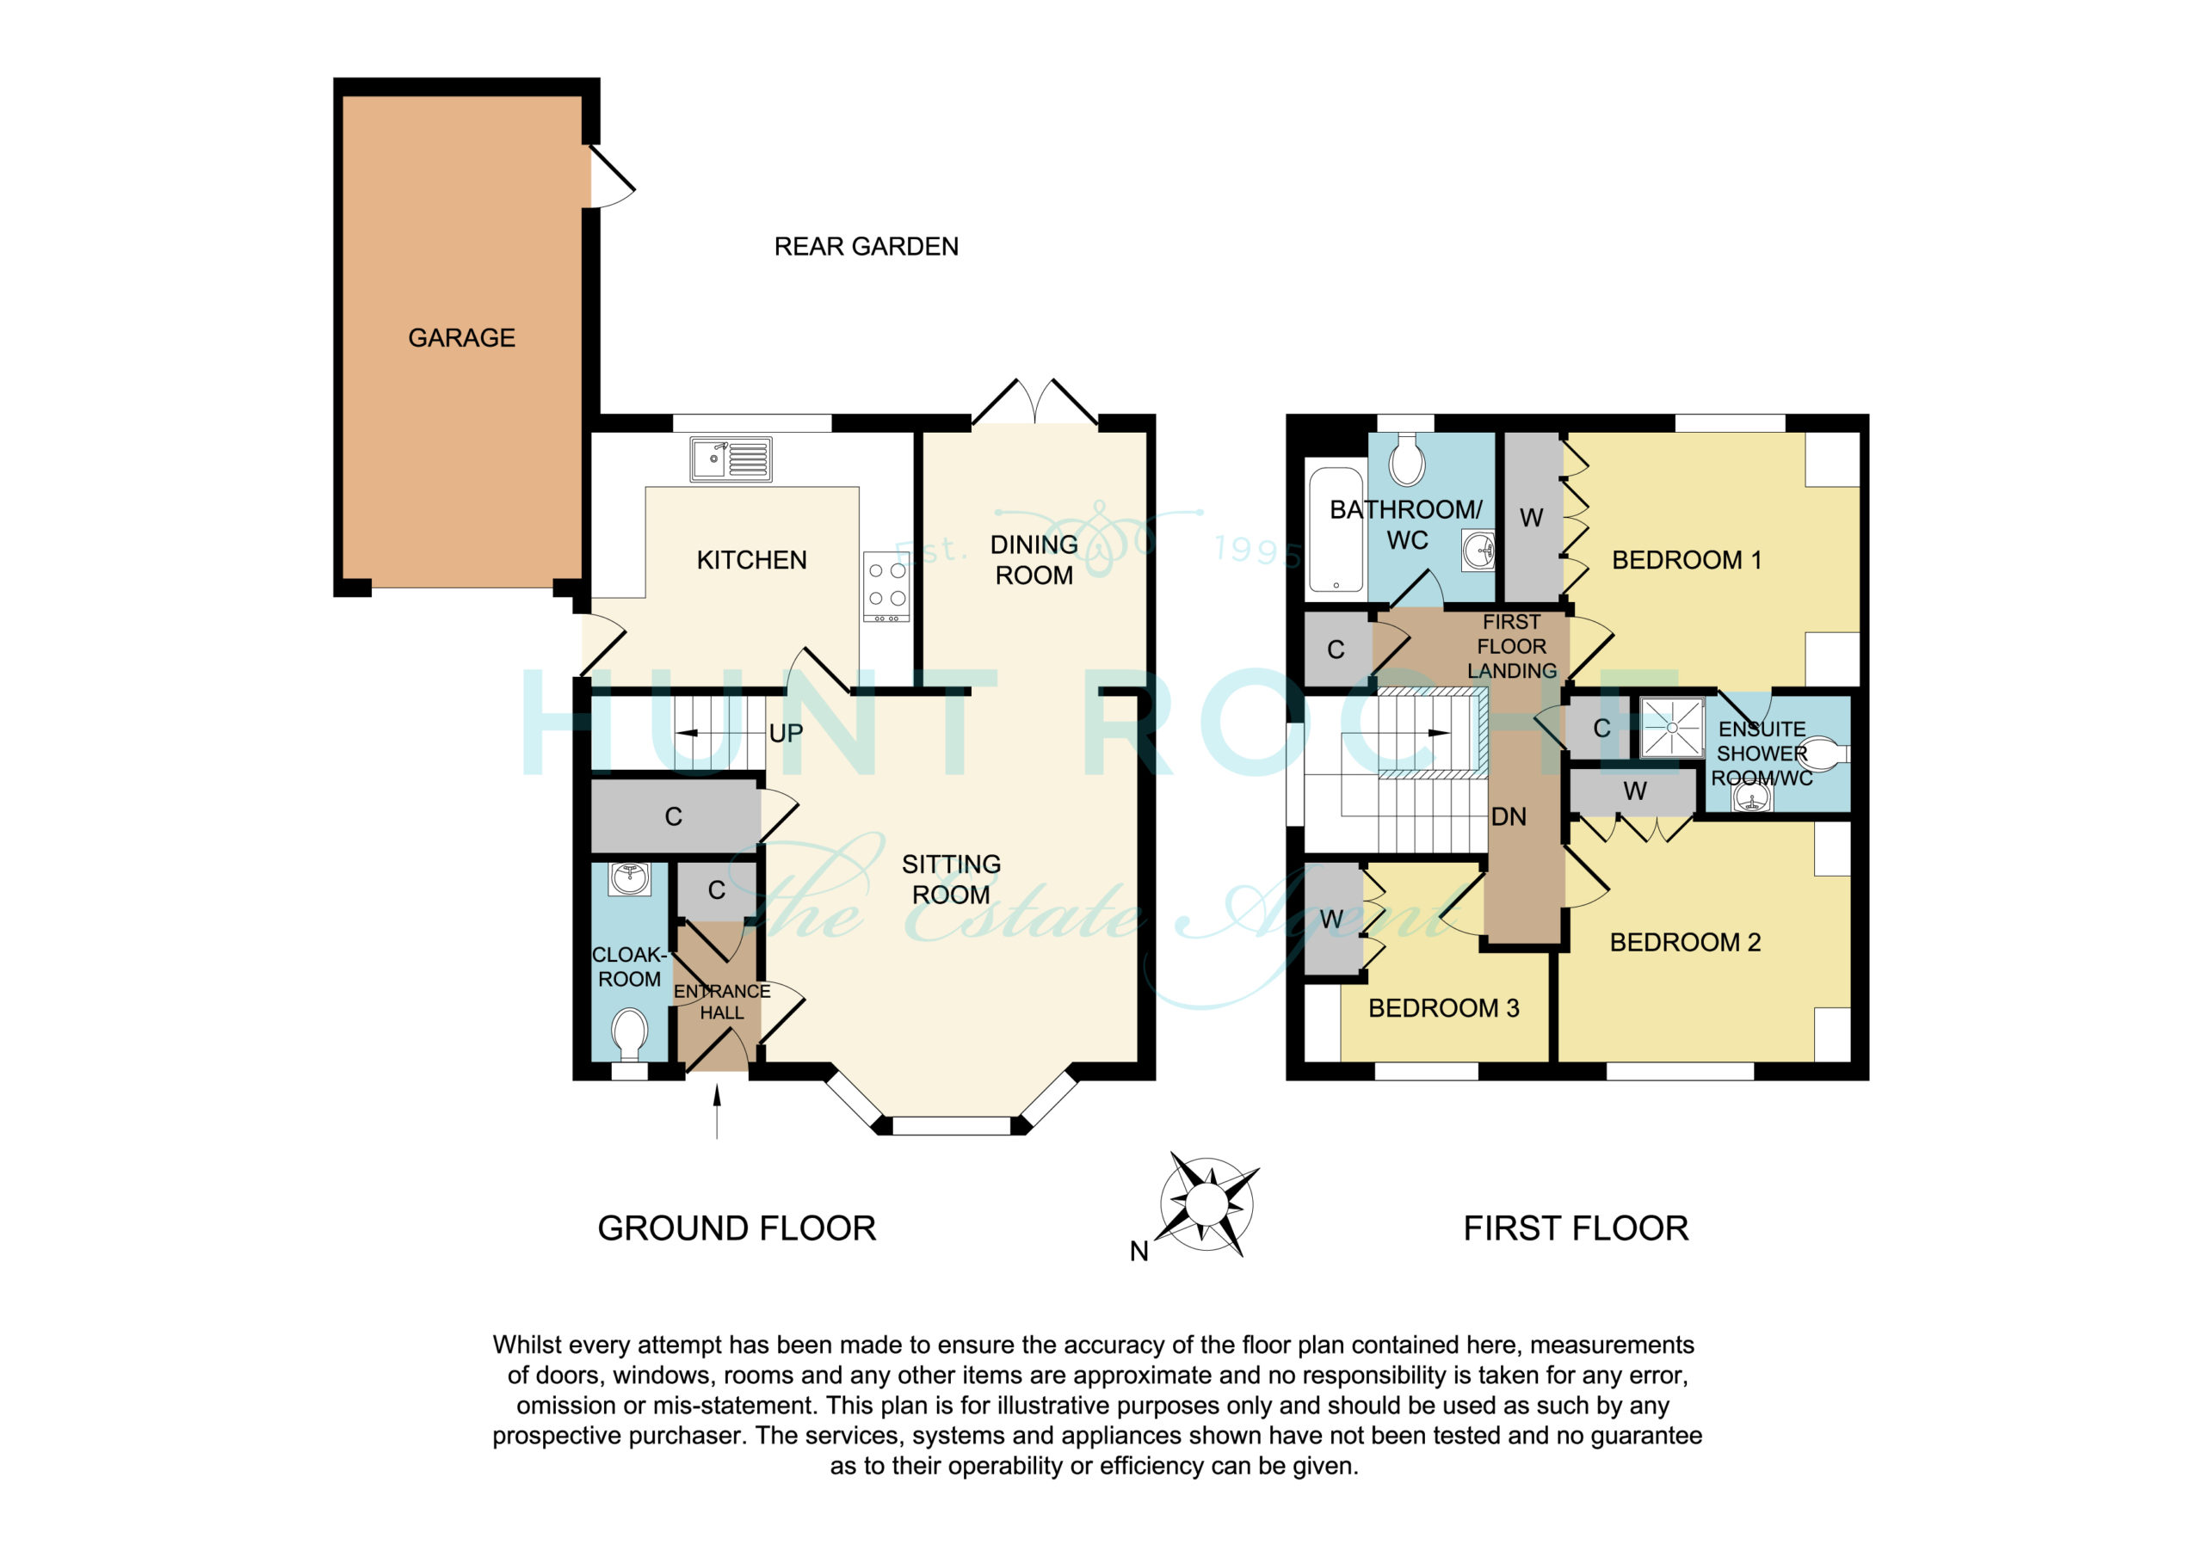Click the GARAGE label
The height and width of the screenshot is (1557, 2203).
(x=461, y=338)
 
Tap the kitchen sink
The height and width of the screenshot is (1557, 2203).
(x=731, y=459)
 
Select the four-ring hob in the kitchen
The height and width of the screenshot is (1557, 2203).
(x=886, y=586)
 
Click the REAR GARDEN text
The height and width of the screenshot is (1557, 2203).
(x=866, y=247)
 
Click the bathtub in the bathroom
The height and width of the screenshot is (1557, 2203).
(x=1336, y=530)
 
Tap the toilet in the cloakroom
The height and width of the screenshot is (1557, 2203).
(x=629, y=1033)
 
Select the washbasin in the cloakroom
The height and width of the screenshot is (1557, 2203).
(x=629, y=877)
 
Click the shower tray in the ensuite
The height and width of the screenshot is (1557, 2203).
(x=1671, y=728)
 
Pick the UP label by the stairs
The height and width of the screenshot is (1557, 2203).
(x=786, y=734)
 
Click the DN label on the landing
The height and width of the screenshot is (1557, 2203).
(x=1509, y=817)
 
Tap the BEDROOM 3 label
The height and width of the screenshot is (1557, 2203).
(x=1443, y=1008)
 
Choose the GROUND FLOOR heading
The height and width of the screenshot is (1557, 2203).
(x=736, y=1229)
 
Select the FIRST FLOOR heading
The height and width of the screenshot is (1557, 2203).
(x=1576, y=1229)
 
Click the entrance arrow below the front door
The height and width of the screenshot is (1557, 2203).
(x=717, y=1112)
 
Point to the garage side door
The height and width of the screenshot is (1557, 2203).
(x=611, y=175)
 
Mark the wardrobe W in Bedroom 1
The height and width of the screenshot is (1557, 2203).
(x=1532, y=518)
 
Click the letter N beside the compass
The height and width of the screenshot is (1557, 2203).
(x=1139, y=1252)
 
